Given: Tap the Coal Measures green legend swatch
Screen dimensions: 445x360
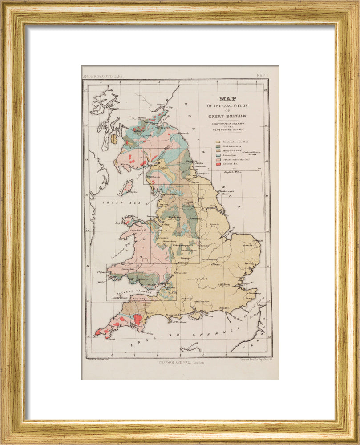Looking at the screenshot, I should point(218,146).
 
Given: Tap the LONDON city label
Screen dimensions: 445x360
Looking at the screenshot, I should point(224,284).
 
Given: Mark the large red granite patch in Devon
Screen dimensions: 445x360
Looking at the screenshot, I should point(138,320).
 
